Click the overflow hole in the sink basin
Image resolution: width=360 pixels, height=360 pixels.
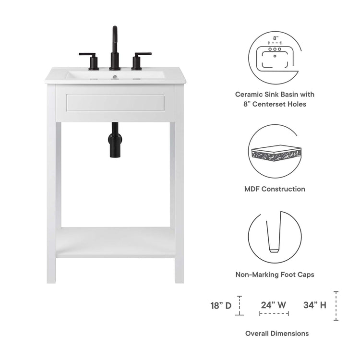pyautogui.click(x=115, y=76)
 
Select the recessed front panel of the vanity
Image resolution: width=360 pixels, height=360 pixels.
pyautogui.click(x=115, y=103)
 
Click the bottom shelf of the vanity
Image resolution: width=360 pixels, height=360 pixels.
pyautogui.click(x=115, y=242)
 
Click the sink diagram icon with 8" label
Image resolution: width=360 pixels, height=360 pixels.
pyautogui.click(x=275, y=57)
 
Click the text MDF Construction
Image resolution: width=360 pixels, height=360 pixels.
pyautogui.click(x=275, y=189)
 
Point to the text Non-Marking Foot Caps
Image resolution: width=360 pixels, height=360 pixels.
pyautogui.click(x=275, y=275)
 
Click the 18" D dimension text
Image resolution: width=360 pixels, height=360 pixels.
pyautogui.click(x=221, y=305)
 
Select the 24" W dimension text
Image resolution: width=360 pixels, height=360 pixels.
pyautogui.click(x=274, y=304)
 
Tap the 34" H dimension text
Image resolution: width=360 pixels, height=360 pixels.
pyautogui.click(x=315, y=304)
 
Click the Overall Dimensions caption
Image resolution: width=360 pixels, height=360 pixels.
pyautogui.click(x=277, y=333)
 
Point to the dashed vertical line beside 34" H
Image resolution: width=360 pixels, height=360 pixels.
pyautogui.click(x=336, y=306)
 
